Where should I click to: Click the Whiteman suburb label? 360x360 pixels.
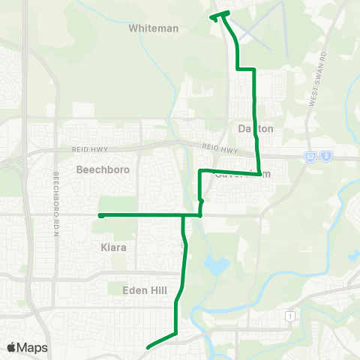pos(154,28)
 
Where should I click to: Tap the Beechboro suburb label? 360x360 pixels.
pos(103,169)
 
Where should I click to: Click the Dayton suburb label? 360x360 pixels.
pos(256,129)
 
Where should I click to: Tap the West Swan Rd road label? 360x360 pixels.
pos(317,78)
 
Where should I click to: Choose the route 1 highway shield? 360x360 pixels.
pos(288,317)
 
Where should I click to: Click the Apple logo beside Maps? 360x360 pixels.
pos(11,347)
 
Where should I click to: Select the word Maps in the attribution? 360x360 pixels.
pos(32,347)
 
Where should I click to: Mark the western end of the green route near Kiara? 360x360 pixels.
pos(100,215)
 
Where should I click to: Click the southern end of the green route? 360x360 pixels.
pos(148,347)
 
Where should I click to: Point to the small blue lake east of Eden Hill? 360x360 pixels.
pos(218,265)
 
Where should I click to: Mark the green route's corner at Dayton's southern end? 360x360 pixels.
pos(259,173)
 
